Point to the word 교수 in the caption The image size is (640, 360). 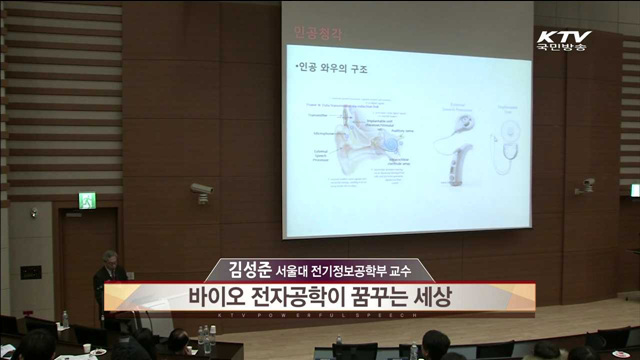(x=411, y=271)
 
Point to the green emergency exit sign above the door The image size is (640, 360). (x=87, y=200)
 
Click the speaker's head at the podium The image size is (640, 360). (x=109, y=258)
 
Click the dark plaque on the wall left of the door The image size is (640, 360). (x=31, y=271)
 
